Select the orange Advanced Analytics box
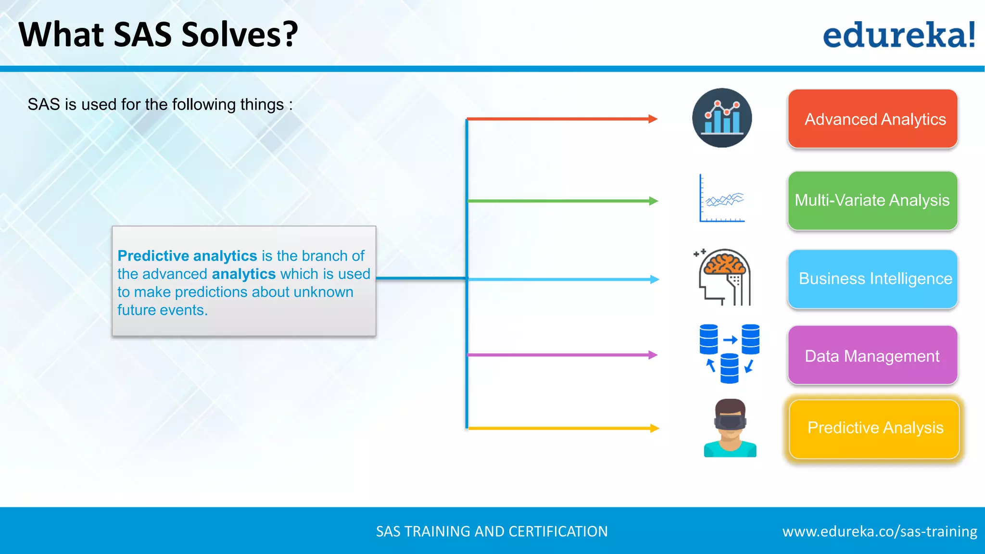[x=872, y=119]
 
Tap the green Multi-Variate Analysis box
[x=872, y=200]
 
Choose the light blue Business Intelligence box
[x=872, y=278]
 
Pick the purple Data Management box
[x=872, y=355]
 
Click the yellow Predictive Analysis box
[x=874, y=428]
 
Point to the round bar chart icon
[x=722, y=118]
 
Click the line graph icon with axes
[x=722, y=199]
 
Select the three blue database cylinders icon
[x=729, y=353]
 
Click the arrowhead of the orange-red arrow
[x=653, y=119]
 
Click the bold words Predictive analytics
[x=187, y=256]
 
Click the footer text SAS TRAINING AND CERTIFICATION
[x=492, y=531]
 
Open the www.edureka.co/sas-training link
[x=880, y=531]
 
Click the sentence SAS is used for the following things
[x=160, y=104]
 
